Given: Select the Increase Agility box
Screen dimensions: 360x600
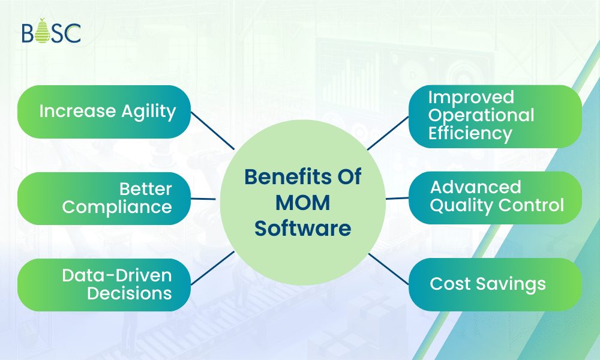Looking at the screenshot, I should tap(104, 112).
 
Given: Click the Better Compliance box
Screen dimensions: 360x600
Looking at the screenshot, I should tap(104, 198).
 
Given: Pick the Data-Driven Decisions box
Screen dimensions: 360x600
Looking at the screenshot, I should tap(104, 284).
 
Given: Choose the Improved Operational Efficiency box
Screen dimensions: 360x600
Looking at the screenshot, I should tap(495, 116).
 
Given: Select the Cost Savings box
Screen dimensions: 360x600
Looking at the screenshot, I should tap(495, 284).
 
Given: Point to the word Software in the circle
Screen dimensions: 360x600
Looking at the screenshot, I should tap(302, 228).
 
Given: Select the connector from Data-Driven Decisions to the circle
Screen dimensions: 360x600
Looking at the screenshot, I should tap(212, 268).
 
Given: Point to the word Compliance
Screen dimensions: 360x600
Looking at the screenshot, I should tap(117, 207).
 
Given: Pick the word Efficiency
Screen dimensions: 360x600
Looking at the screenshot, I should tap(470, 133).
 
